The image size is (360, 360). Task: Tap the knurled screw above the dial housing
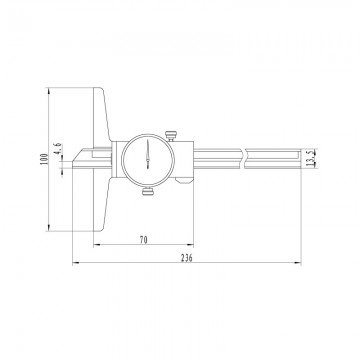point(172,128)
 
